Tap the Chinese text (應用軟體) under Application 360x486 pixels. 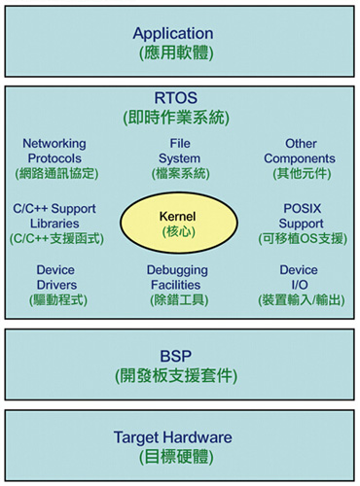pyautogui.click(x=179, y=54)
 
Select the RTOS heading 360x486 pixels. pyautogui.click(x=179, y=98)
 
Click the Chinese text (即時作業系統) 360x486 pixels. pyautogui.click(x=179, y=118)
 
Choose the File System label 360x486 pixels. pyautogui.click(x=179, y=152)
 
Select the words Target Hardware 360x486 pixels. pyautogui.click(x=179, y=436)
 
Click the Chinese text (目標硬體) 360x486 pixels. pyautogui.click(x=179, y=456)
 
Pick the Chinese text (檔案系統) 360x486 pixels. pyautogui.click(x=179, y=174)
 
